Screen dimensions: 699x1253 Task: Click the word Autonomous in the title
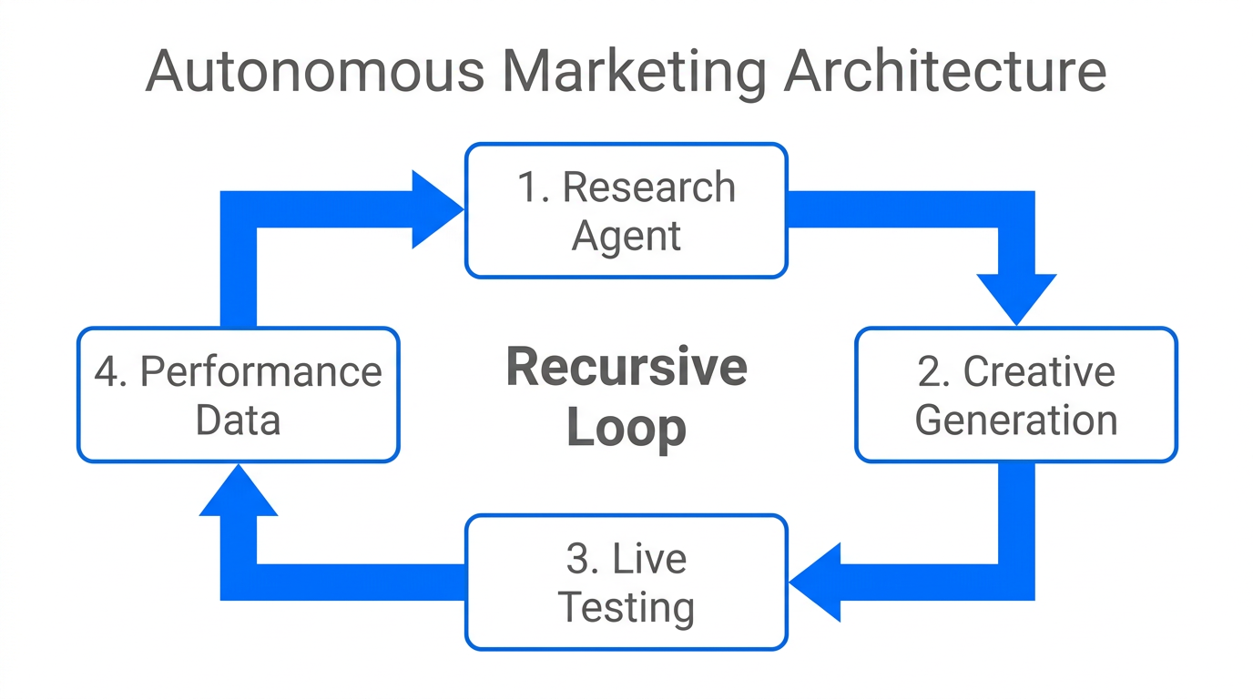click(x=314, y=72)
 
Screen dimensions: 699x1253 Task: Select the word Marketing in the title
click(x=632, y=72)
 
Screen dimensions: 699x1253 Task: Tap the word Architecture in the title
click(x=945, y=72)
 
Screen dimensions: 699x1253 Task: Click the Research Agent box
click(x=626, y=210)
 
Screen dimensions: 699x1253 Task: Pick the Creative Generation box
click(x=1015, y=395)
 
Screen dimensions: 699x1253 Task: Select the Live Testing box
click(x=626, y=582)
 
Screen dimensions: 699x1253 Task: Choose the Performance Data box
click(x=238, y=395)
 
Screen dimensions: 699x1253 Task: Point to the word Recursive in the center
click(x=626, y=367)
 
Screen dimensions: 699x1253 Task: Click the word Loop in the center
click(x=626, y=428)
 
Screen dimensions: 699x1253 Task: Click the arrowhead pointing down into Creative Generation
click(x=1015, y=297)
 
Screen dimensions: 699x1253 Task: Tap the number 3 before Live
click(x=578, y=559)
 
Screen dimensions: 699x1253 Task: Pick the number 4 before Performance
click(x=107, y=372)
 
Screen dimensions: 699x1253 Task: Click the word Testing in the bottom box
click(x=626, y=607)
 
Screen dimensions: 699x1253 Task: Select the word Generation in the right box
click(x=1016, y=420)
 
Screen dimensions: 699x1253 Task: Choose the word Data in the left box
click(x=238, y=420)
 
